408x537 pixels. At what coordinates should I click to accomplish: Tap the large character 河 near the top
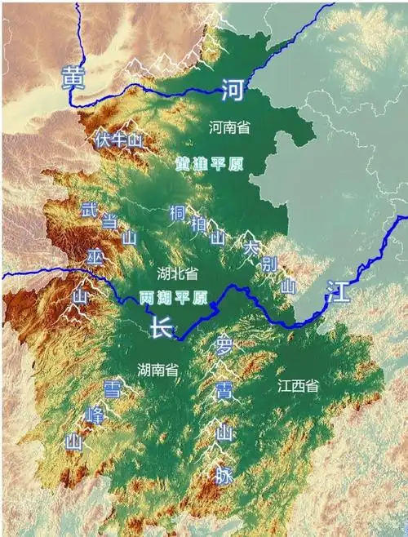[232, 91]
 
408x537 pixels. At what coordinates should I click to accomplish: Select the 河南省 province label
[229, 127]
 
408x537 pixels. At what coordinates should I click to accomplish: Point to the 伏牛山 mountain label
[118, 140]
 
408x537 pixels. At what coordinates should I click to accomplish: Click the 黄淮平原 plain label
[210, 164]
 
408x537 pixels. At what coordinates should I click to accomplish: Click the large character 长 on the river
[160, 328]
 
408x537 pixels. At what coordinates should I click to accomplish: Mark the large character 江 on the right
[338, 291]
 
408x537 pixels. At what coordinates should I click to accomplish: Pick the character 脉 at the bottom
[224, 474]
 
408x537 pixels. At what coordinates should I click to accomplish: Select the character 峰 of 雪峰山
[95, 416]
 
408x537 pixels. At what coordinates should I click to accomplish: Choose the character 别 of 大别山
[270, 264]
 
